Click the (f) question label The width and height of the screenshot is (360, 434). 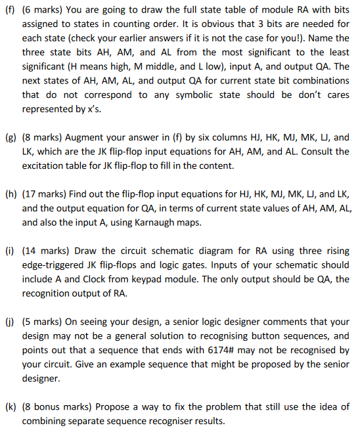pyautogui.click(x=9, y=9)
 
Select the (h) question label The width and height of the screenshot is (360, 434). pyautogui.click(x=10, y=195)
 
